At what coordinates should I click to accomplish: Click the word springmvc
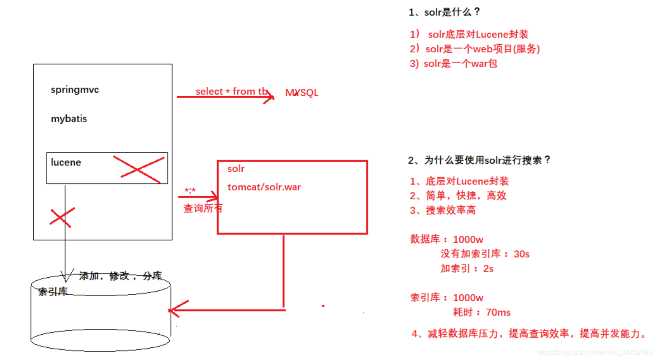pyautogui.click(x=75, y=90)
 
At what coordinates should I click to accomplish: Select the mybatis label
pyautogui.click(x=69, y=119)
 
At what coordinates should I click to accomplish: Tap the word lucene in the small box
pyautogui.click(x=66, y=162)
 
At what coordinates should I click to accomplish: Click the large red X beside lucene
pyautogui.click(x=138, y=169)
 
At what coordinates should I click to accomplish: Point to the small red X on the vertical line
pyautogui.click(x=62, y=217)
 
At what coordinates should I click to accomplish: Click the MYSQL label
pyautogui.click(x=302, y=93)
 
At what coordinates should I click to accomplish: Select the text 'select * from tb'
pyautogui.click(x=231, y=91)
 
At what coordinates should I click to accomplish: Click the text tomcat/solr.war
pyautogui.click(x=264, y=187)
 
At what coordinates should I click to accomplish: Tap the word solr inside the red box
pyautogui.click(x=236, y=169)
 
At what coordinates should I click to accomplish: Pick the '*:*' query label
pyautogui.click(x=190, y=191)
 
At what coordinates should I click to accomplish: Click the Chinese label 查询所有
pyautogui.click(x=203, y=208)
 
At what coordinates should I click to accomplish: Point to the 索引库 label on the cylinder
pyautogui.click(x=53, y=292)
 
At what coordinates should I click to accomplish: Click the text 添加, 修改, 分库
pyautogui.click(x=120, y=276)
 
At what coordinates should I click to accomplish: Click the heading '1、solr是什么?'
pyautogui.click(x=444, y=12)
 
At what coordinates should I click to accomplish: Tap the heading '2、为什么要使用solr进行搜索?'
pyautogui.click(x=479, y=160)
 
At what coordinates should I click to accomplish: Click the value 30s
pyautogui.click(x=521, y=254)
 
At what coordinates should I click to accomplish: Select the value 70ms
pyautogui.click(x=498, y=313)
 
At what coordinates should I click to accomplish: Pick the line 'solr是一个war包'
pyautogui.click(x=460, y=64)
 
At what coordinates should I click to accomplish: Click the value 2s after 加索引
pyautogui.click(x=488, y=269)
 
